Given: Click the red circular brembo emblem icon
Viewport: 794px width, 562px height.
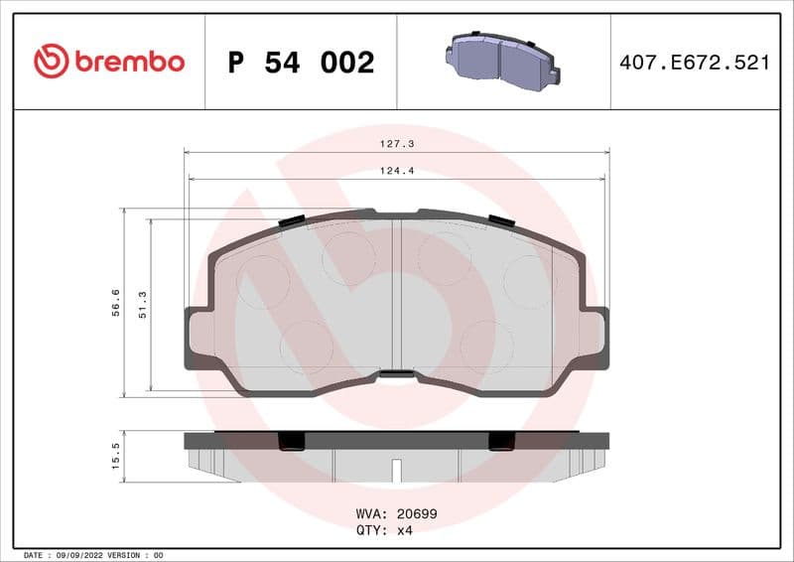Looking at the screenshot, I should pyautogui.click(x=51, y=62).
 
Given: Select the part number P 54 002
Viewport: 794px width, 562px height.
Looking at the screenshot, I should pyautogui.click(x=301, y=63).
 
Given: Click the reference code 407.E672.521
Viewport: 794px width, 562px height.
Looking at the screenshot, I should pyautogui.click(x=694, y=63).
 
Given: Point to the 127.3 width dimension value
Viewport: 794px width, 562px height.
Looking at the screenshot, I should pyautogui.click(x=397, y=144).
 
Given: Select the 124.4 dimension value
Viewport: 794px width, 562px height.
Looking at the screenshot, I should pyautogui.click(x=397, y=171).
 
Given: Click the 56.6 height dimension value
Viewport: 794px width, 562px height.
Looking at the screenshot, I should pyautogui.click(x=116, y=302).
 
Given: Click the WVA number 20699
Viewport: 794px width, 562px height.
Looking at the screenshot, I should pyautogui.click(x=417, y=514).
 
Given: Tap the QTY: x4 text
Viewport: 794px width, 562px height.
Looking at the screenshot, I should pyautogui.click(x=383, y=530).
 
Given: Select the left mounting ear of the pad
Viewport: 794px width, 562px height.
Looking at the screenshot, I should pyautogui.click(x=197, y=338).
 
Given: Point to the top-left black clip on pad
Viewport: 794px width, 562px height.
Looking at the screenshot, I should pyautogui.click(x=292, y=220).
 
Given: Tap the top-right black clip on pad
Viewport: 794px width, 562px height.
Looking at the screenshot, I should pyautogui.click(x=501, y=220).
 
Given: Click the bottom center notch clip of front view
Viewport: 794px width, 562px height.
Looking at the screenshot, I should pyautogui.click(x=397, y=374).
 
